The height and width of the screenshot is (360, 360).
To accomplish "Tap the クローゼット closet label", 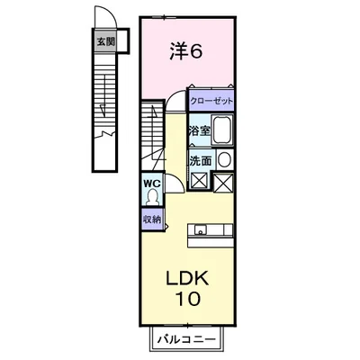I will pyautogui.click(x=211, y=101).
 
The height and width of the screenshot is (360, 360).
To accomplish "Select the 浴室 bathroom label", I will pyautogui.click(x=199, y=131).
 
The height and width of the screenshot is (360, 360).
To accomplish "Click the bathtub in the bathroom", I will pyautogui.click(x=223, y=131).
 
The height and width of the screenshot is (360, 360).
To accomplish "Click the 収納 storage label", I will pyautogui.click(x=151, y=220).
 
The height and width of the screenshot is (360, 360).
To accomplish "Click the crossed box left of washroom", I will pyautogui.click(x=198, y=180).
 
